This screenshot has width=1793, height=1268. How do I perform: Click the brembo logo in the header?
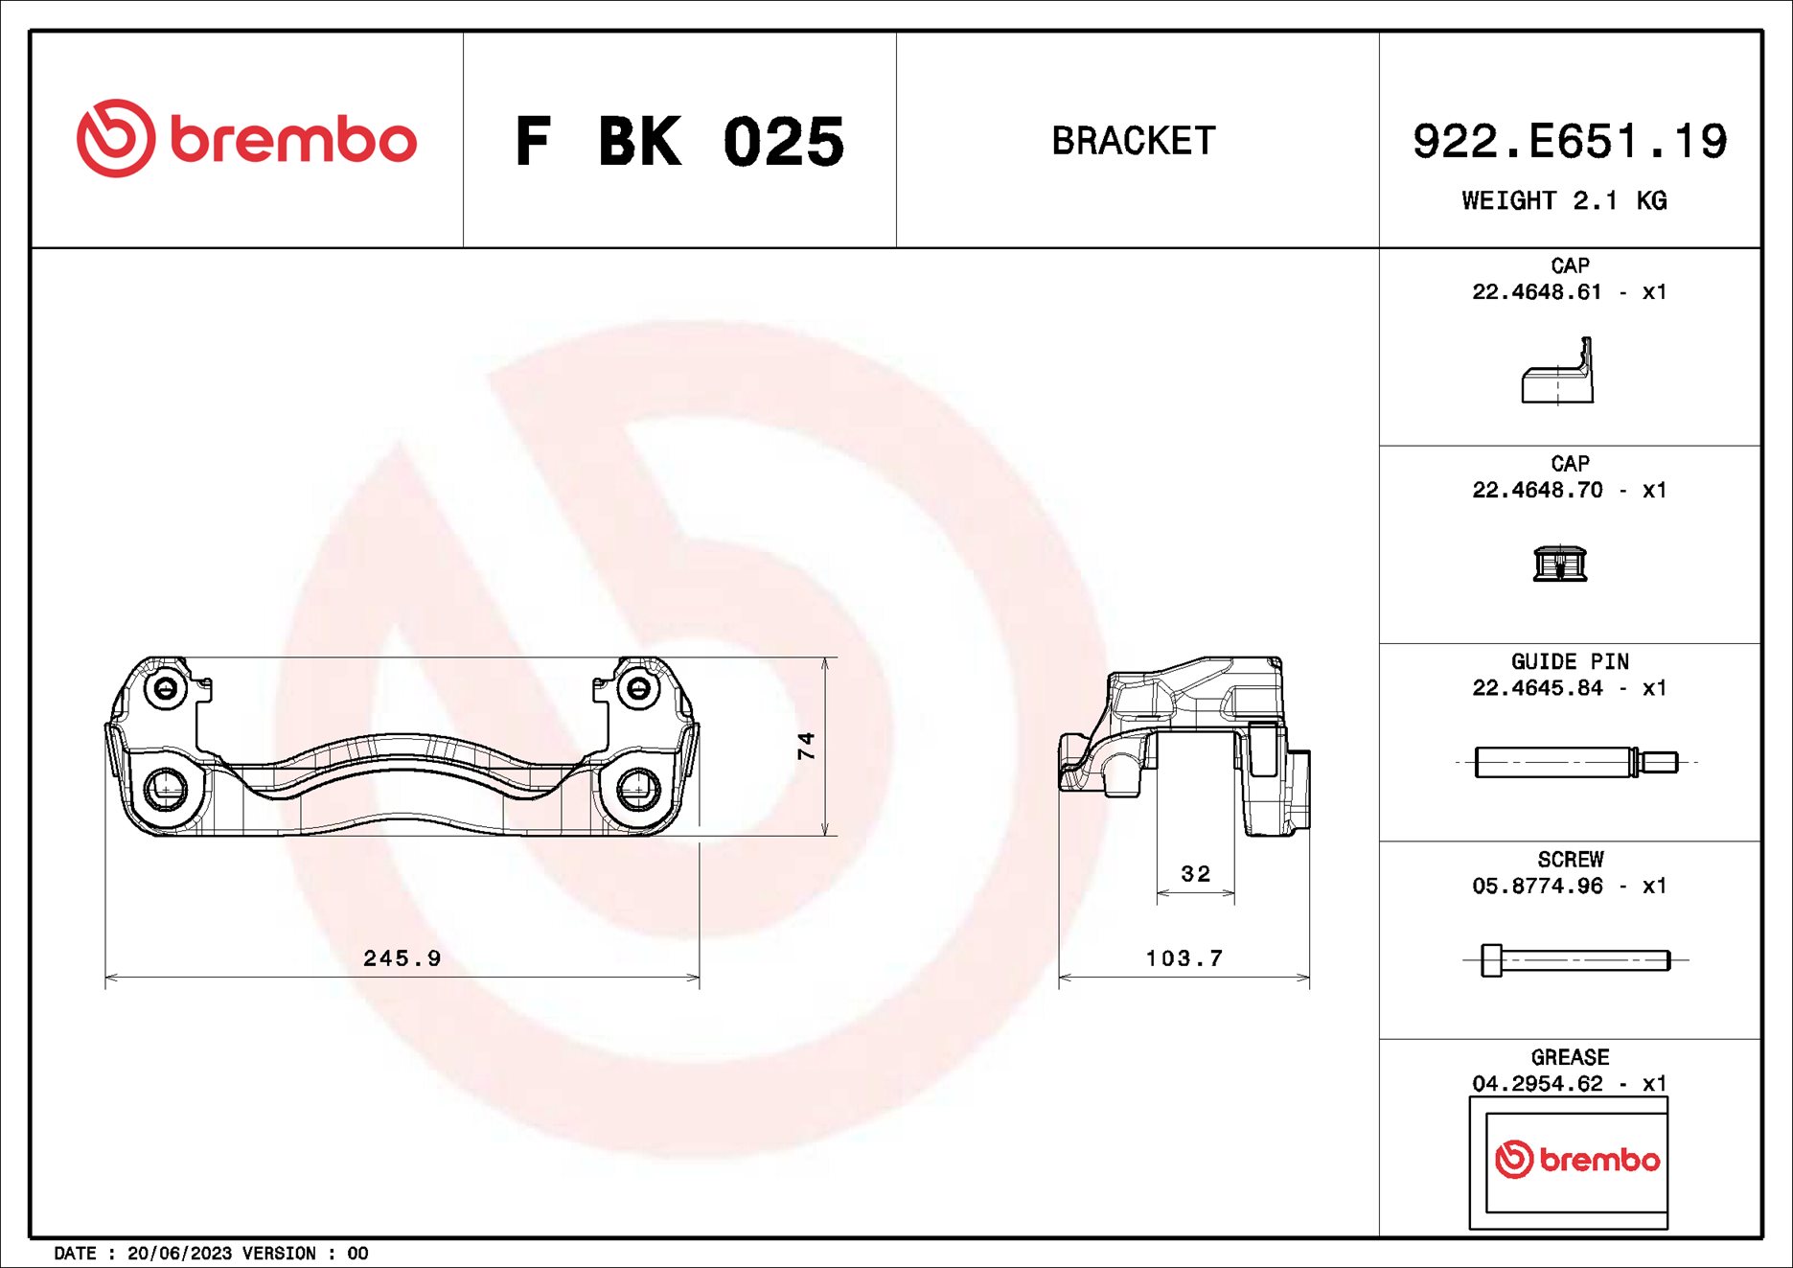pos(246,139)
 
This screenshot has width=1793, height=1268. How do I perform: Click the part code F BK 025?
pos(679,142)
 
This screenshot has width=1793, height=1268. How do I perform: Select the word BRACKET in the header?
pos(1134,141)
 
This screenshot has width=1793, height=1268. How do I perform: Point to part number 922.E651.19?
pos(1569,142)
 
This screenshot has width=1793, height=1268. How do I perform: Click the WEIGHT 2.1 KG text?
pos(1564,200)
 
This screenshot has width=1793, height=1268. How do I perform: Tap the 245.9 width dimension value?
pos(402,957)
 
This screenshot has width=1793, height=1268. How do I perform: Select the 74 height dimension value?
pos(806,745)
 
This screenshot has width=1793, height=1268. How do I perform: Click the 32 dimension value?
pos(1195,873)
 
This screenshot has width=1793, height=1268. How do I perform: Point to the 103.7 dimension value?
pos(1184,957)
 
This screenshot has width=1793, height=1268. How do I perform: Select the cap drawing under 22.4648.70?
pos(1559,564)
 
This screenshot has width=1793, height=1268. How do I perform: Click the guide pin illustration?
pos(1575,762)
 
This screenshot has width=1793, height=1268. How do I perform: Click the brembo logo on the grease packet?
pos(1577,1160)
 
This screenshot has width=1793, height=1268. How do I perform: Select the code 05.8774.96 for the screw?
pos(1537,886)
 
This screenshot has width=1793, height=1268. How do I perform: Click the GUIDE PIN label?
pos(1569,661)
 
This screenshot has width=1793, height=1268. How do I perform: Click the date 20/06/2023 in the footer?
pos(179,1253)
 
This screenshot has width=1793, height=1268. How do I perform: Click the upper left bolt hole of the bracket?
pos(166,689)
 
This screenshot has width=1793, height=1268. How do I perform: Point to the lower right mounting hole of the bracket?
pos(636,788)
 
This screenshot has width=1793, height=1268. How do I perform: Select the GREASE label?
pos(1569,1057)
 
